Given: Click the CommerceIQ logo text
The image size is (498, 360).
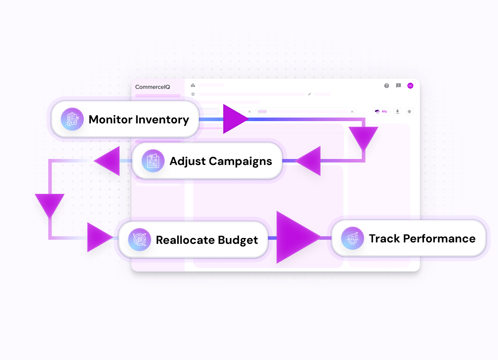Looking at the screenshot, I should (152, 87).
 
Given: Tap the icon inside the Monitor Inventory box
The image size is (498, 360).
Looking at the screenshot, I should (72, 119).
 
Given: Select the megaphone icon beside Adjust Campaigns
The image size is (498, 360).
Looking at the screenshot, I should (153, 161).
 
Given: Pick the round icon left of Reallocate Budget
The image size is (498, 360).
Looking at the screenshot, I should (140, 240).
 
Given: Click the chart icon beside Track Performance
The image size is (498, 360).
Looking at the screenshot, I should (352, 238).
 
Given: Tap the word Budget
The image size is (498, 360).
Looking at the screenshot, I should (238, 240).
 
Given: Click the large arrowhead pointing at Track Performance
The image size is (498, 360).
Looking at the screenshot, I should (297, 238).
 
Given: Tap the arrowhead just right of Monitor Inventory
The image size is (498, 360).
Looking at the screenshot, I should (235, 119).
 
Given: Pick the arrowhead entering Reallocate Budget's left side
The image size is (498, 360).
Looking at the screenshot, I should (98, 238).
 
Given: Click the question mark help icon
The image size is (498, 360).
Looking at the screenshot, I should (387, 86).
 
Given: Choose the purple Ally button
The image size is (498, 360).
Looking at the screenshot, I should (381, 111).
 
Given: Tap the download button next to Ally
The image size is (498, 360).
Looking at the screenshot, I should (397, 111).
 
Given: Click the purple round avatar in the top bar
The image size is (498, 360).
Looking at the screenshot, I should (410, 86).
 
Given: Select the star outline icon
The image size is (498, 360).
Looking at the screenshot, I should (193, 94).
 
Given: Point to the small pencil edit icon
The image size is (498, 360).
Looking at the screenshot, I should (310, 94).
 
